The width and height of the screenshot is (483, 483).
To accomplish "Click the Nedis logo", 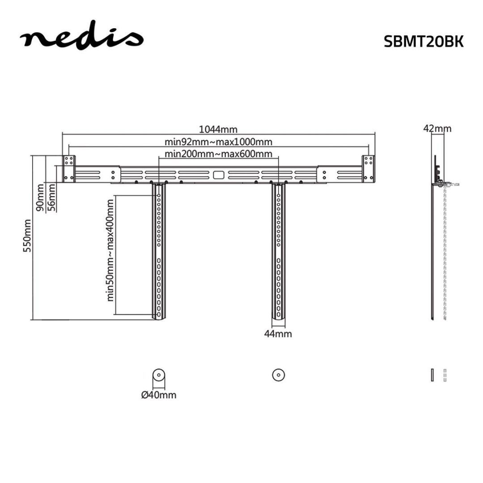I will coord(80,39).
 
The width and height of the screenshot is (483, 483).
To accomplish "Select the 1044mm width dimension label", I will coord(218,130).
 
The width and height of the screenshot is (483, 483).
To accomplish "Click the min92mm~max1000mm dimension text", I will coord(218,142).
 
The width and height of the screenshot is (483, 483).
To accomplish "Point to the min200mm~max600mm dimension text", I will coord(218,154).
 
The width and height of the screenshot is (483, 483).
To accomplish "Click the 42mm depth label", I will coord(437,129).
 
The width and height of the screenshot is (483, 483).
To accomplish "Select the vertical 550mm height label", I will coord(28,236).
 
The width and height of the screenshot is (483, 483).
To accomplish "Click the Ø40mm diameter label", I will coord(158,395).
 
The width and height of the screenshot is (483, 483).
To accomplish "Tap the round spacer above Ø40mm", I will coord(158,375).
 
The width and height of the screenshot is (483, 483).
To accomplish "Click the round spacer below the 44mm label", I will coord(279,375).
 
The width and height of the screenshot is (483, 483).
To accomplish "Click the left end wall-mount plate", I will coord(68,169).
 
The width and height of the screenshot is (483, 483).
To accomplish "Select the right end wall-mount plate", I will coord(369,169).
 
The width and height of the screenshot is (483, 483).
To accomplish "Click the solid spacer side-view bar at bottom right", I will coord(432,375).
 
